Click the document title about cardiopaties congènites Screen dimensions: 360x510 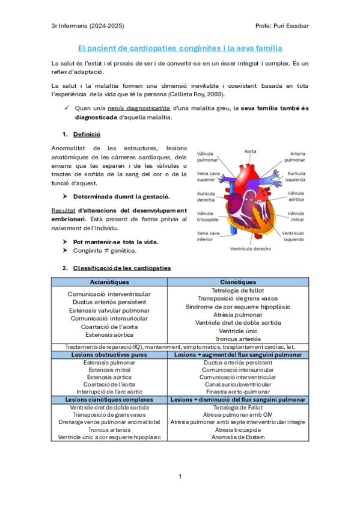[x=180, y=48]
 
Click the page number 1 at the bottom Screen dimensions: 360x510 [x=180, y=476]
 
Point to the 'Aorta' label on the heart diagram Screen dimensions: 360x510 [x=251, y=150]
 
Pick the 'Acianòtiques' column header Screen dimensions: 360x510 [x=109, y=281]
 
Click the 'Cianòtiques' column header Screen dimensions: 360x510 [x=237, y=281]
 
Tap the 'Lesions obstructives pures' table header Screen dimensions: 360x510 [x=109, y=355]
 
